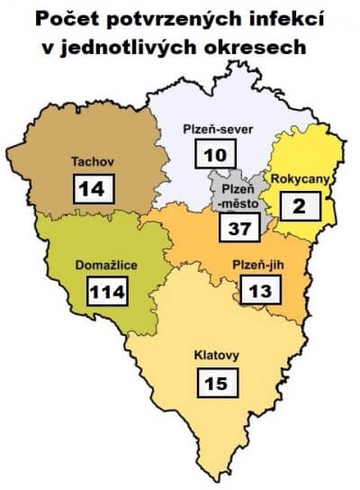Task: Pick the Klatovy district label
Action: coord(217,355)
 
